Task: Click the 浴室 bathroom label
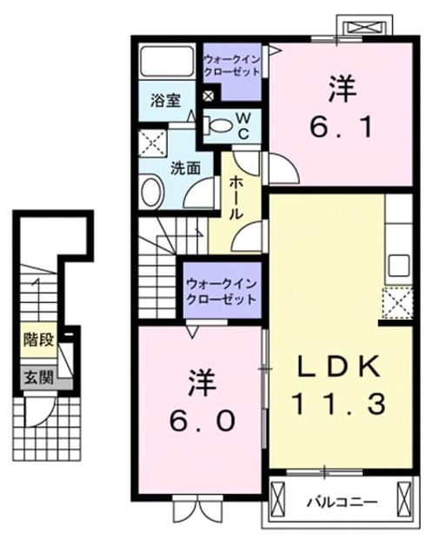(165, 101)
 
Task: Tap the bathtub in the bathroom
(167, 62)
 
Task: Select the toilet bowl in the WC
(219, 126)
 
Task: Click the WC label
(243, 126)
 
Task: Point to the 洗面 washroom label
(185, 168)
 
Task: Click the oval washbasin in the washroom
(152, 192)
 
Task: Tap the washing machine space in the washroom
(152, 143)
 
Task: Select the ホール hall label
(236, 197)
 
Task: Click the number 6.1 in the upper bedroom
(342, 128)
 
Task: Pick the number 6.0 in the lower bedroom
(202, 421)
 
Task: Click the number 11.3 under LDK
(339, 404)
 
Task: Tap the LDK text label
(338, 366)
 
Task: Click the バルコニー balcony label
(342, 503)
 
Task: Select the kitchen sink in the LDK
(399, 266)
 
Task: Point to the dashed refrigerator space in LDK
(398, 303)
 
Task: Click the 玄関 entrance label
(38, 377)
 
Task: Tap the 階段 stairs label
(38, 339)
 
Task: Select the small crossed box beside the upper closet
(209, 96)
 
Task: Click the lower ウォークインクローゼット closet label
(222, 292)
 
